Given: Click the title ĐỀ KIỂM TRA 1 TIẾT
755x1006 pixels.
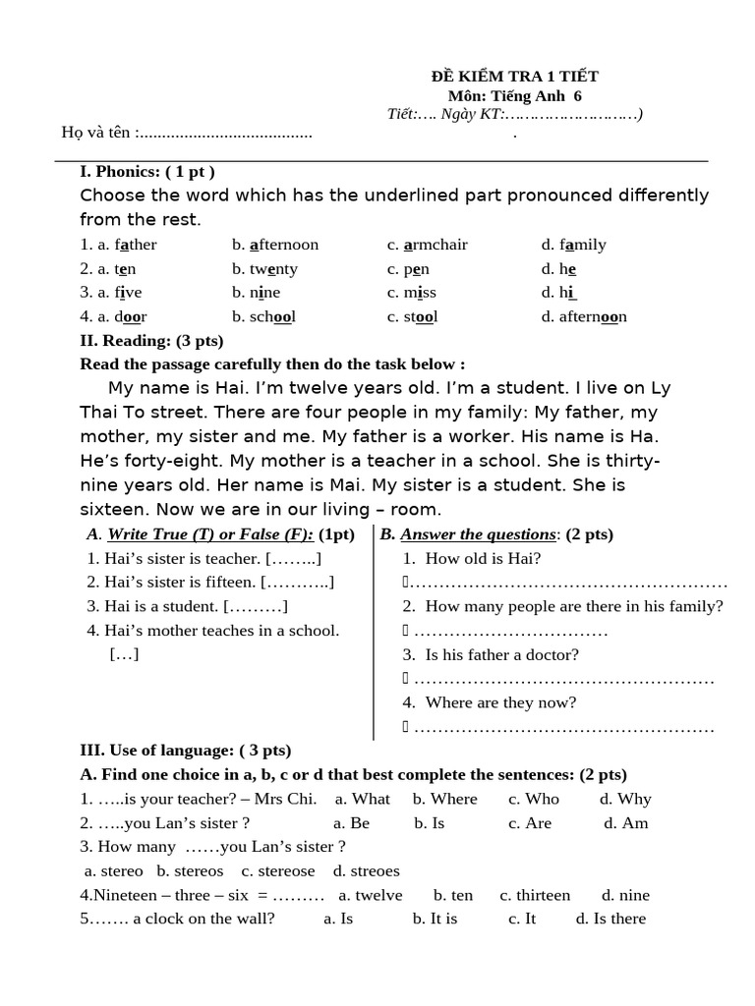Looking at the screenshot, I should point(515,77).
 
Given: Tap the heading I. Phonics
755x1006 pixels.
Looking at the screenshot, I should point(147,172).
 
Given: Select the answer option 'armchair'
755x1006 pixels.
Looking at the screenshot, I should point(428,245).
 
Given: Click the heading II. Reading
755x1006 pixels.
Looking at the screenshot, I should point(151,341).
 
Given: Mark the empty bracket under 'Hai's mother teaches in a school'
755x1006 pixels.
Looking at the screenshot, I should point(124,654).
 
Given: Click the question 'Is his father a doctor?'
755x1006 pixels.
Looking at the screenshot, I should point(501,654).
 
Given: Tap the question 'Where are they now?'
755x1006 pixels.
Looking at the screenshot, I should point(500,702).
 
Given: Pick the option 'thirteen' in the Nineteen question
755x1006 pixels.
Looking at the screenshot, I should point(535,895).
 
